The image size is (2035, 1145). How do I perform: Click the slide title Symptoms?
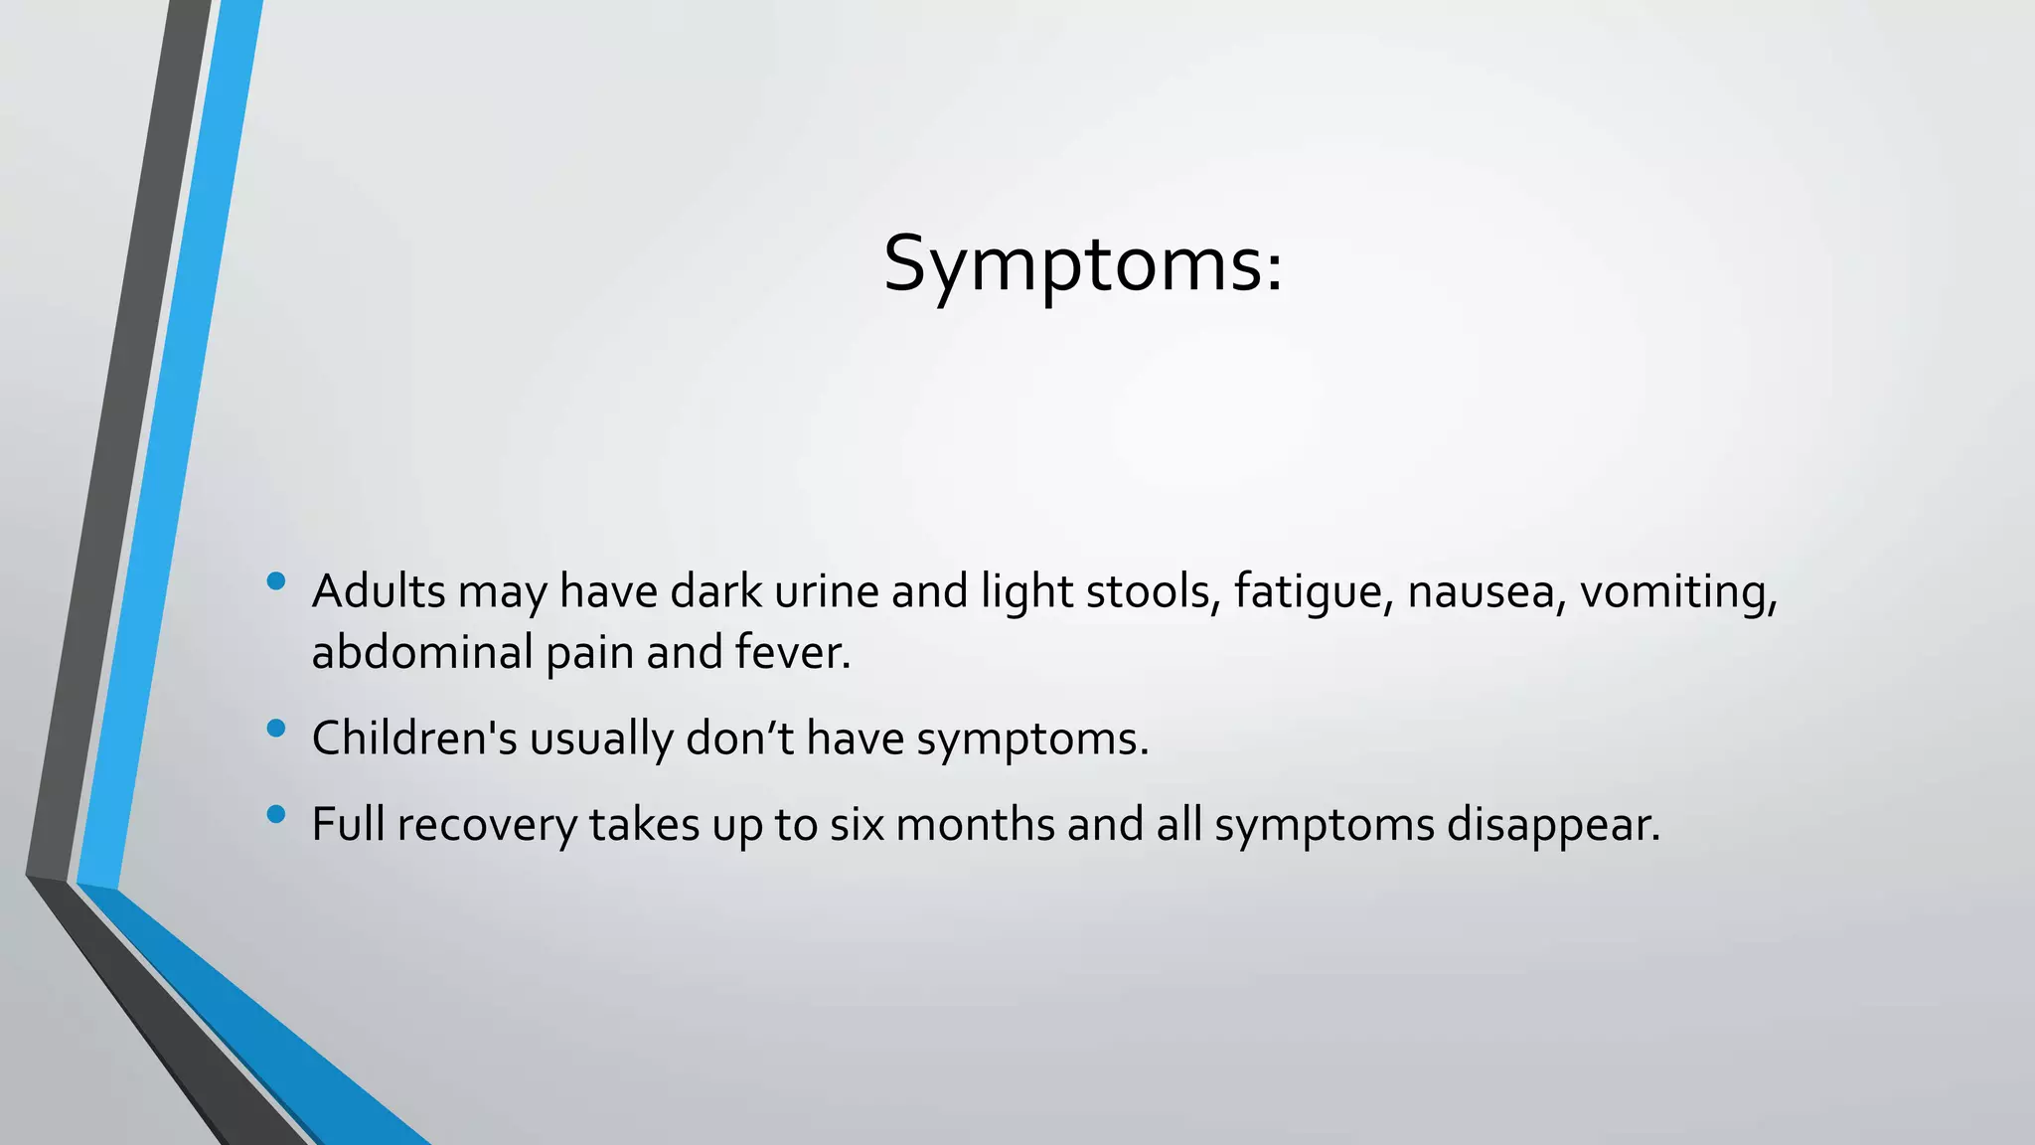pyautogui.click(x=1083, y=264)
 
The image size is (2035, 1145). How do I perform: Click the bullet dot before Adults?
pyautogui.click(x=276, y=580)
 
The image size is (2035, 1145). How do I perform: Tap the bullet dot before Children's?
pyautogui.click(x=276, y=729)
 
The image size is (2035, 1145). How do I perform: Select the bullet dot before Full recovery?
pyautogui.click(x=276, y=815)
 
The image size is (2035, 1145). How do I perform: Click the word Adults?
pyautogui.click(x=379, y=591)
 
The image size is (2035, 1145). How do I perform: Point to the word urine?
pyautogui.click(x=826, y=591)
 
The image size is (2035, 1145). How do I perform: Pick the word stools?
pyautogui.click(x=1153, y=591)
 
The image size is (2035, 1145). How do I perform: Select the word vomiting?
pyautogui.click(x=1678, y=593)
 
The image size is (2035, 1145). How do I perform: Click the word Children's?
pyautogui.click(x=414, y=738)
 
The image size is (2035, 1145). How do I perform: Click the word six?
pyautogui.click(x=857, y=825)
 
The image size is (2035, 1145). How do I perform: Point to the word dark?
pyautogui.click(x=715, y=591)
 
